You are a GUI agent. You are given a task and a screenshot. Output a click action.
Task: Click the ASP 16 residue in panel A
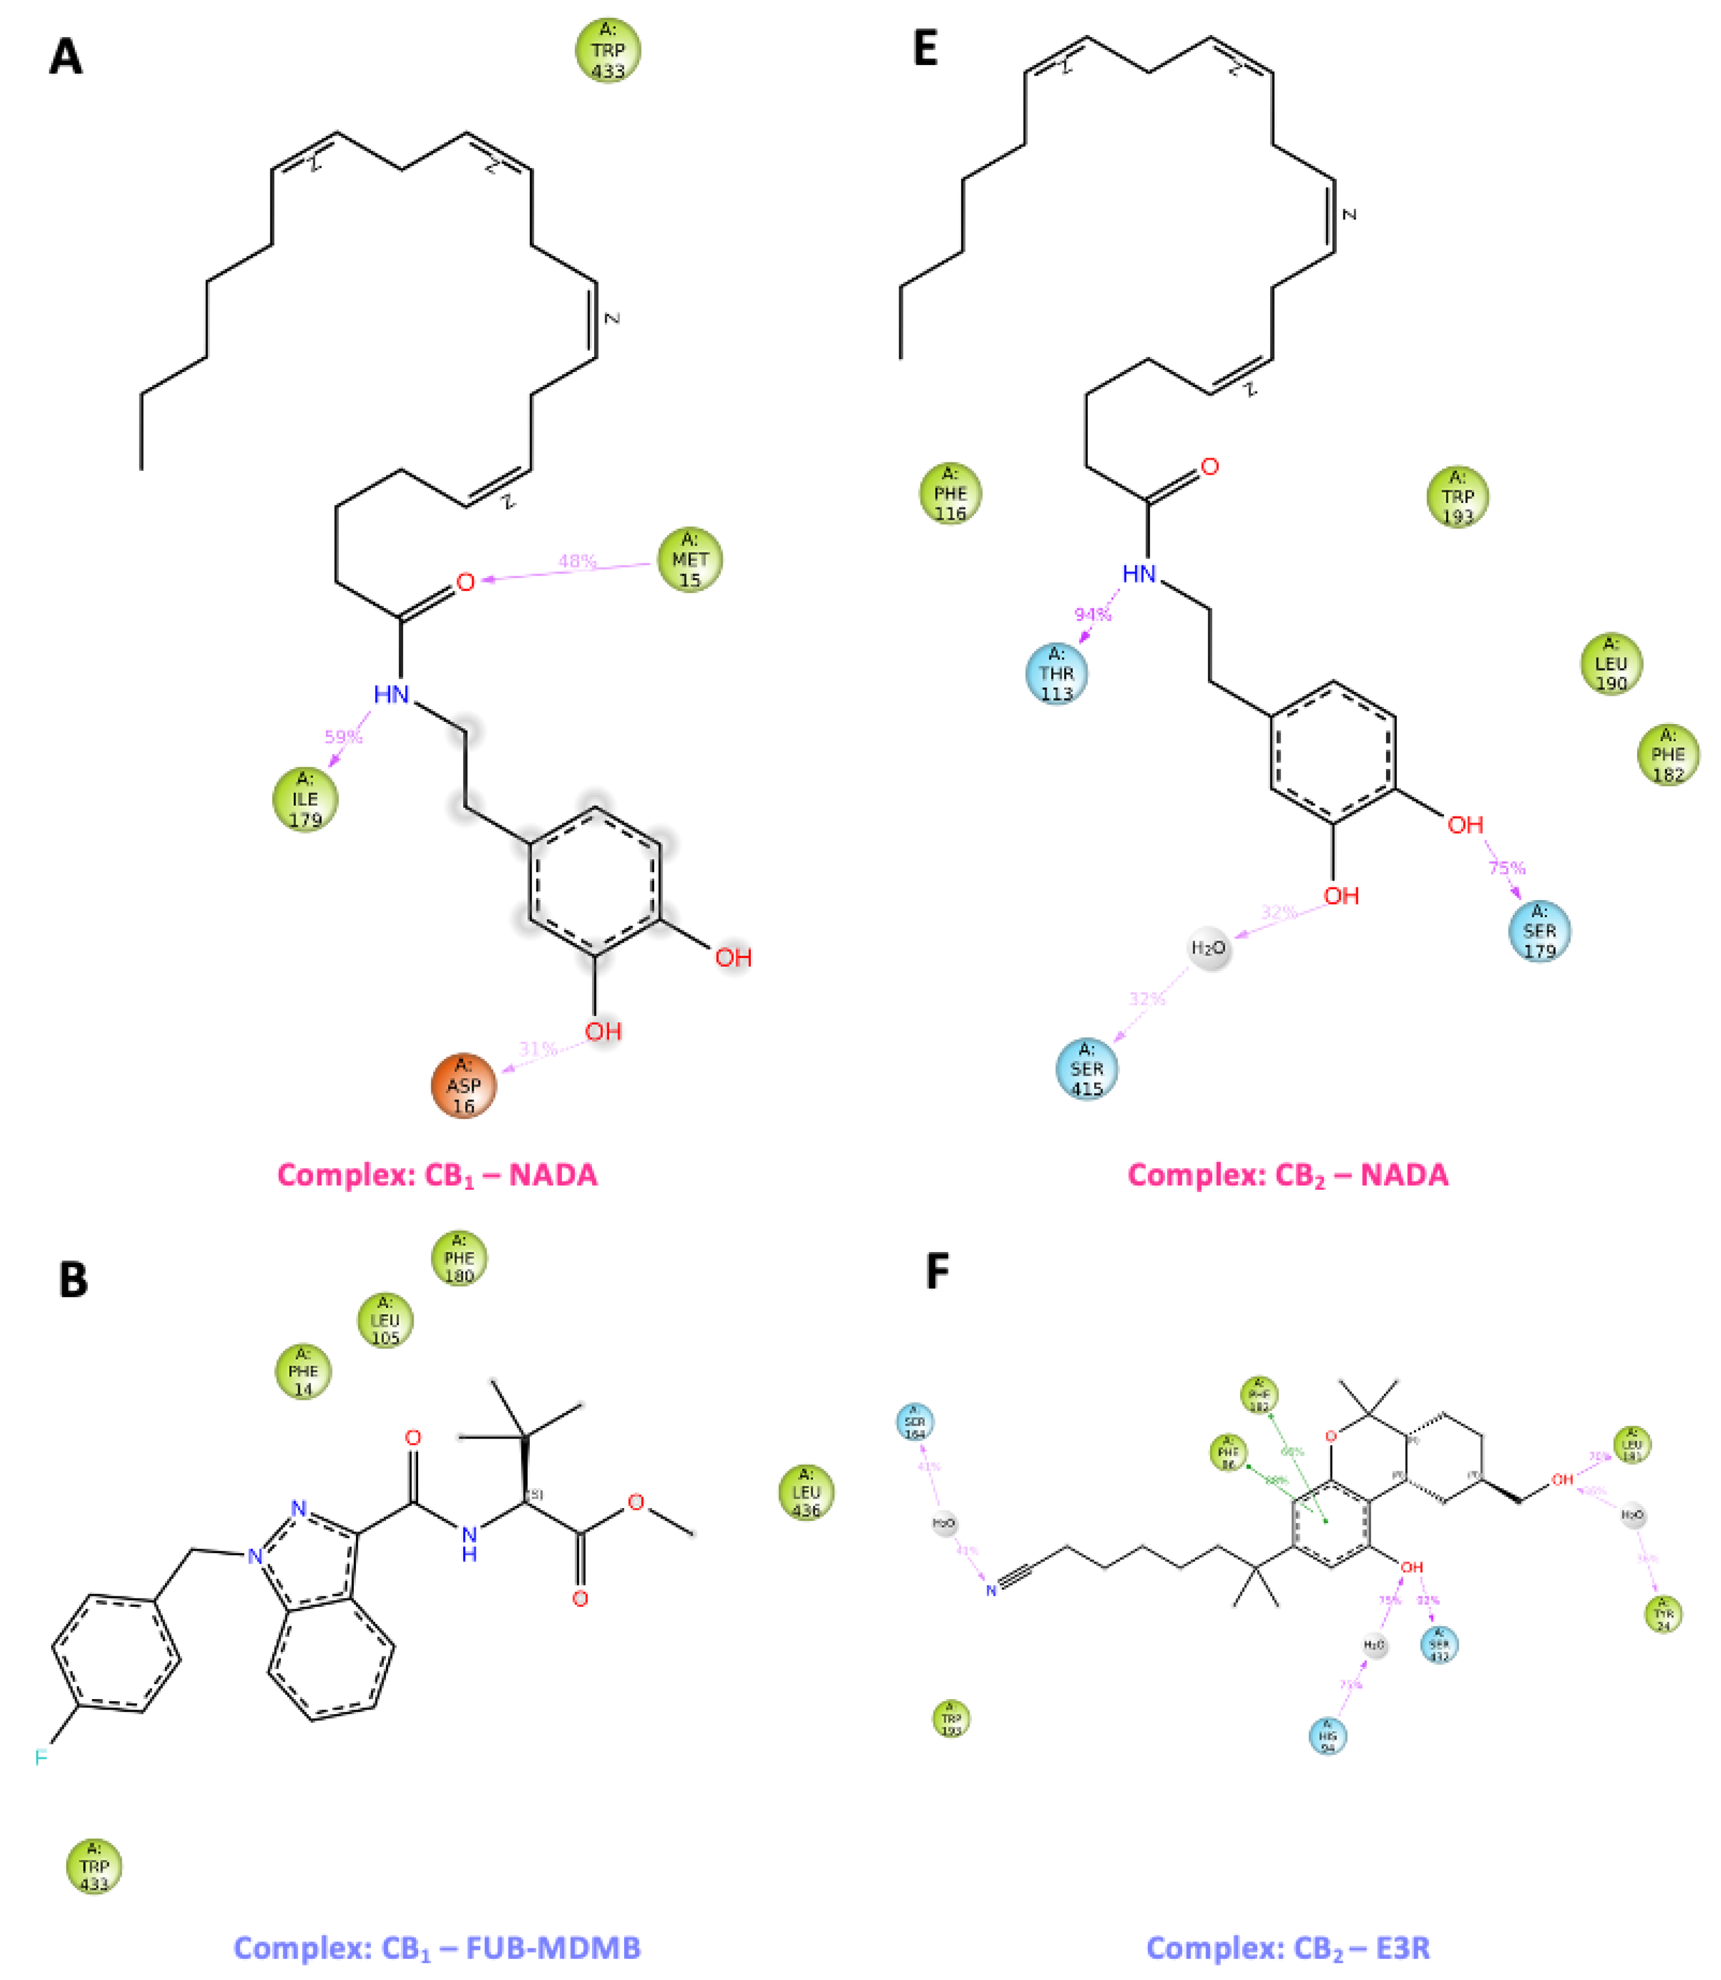coord(464,1086)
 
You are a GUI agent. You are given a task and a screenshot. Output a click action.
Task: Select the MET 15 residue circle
coord(690,560)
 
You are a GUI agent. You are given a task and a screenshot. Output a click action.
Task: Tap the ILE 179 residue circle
coord(305,799)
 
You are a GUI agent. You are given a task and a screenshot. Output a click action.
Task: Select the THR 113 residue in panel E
coord(1056,674)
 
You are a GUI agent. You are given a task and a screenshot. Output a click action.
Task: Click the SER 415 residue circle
coord(1086,1069)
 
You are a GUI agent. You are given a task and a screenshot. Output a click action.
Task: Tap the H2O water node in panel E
coord(1208,949)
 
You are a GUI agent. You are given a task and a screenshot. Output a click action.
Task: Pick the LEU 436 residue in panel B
coord(806,1492)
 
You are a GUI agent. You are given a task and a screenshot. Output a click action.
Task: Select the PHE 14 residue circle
coord(303,1371)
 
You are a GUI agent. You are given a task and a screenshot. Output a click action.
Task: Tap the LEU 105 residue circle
coord(385,1320)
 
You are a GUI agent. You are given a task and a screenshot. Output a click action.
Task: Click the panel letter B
coord(73,1280)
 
